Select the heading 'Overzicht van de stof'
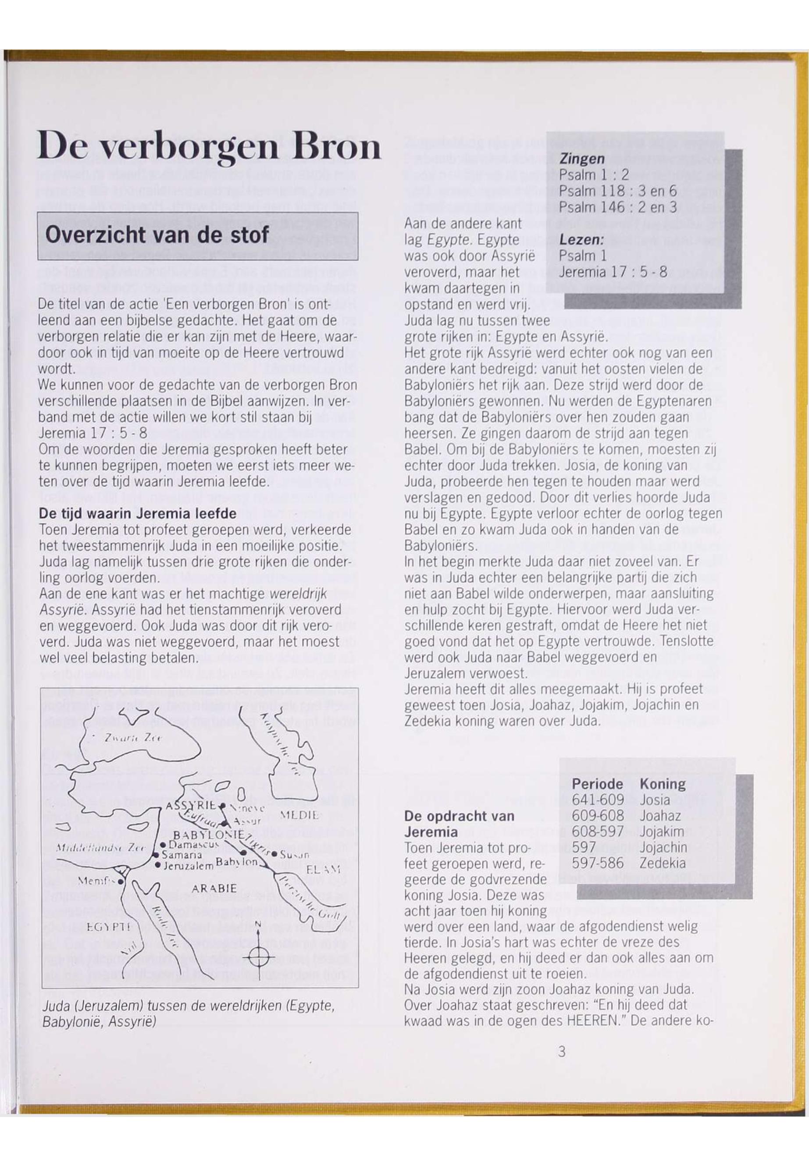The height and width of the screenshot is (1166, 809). click(157, 235)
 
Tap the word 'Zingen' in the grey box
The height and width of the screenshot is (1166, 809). click(582, 159)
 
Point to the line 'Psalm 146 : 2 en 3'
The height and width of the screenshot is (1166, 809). click(618, 207)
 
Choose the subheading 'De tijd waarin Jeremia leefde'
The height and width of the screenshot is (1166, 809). click(138, 513)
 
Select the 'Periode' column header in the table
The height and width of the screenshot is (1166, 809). click(597, 784)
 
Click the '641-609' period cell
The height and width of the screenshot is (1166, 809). click(598, 800)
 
